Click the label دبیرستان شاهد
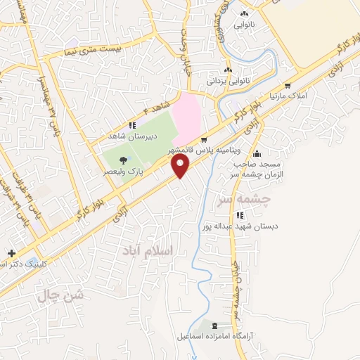(127, 135)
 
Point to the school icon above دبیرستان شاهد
(132, 124)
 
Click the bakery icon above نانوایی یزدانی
(228, 70)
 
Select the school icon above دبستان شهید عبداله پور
(240, 215)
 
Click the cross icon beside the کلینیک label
(11, 252)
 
